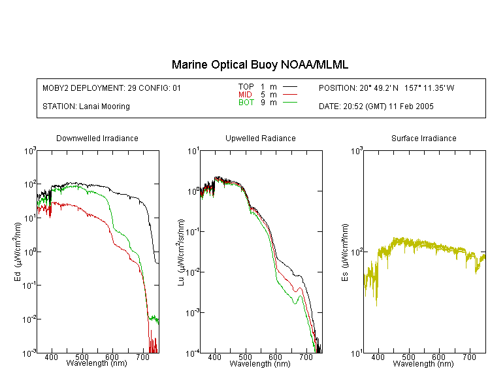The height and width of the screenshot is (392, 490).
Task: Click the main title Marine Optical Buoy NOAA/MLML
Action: click(x=259, y=65)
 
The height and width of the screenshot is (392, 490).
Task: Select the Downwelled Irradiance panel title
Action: click(x=97, y=138)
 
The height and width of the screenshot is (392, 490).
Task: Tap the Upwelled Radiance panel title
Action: click(x=261, y=138)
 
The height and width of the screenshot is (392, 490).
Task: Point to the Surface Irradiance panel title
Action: click(x=424, y=138)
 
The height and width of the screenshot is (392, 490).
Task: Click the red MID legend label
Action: click(x=245, y=94)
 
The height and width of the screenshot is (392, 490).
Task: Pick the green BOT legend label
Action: click(x=246, y=103)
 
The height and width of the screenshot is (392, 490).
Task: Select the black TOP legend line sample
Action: click(x=290, y=87)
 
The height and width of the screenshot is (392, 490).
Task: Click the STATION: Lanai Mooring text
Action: click(x=86, y=106)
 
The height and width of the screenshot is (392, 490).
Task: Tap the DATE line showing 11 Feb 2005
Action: click(x=376, y=106)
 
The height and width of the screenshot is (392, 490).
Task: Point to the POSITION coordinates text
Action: click(x=386, y=88)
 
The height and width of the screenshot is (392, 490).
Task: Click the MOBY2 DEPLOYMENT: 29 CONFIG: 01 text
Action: click(x=112, y=88)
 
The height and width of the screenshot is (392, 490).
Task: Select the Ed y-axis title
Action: click(x=18, y=252)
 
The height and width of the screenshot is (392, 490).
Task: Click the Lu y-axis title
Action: click(x=181, y=252)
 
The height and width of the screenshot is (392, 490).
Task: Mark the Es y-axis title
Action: click(x=344, y=252)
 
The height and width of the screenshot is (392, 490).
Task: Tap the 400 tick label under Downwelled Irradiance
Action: click(x=51, y=357)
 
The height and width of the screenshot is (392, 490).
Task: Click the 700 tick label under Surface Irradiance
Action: click(x=469, y=357)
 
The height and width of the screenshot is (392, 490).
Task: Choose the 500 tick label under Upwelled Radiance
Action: click(x=245, y=357)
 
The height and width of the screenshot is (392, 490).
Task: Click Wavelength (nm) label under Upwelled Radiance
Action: click(x=260, y=363)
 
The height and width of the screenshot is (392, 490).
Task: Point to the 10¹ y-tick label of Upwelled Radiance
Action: click(x=193, y=152)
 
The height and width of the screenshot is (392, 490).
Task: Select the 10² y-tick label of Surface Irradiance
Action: click(x=357, y=252)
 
